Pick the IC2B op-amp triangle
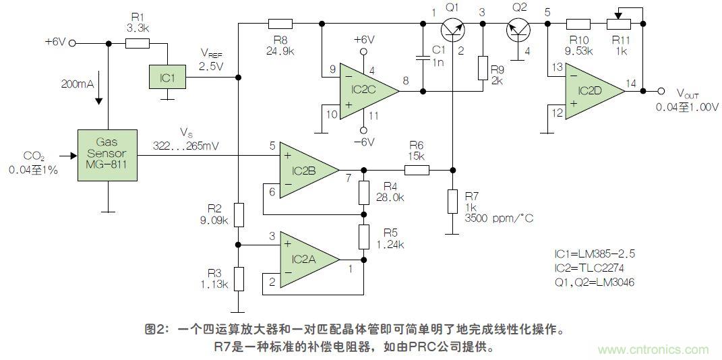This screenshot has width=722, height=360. click(x=307, y=170)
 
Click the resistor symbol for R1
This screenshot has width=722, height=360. click(x=138, y=42)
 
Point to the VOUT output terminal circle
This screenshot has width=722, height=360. click(x=661, y=90)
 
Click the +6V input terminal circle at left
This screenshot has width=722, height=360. click(x=72, y=42)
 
